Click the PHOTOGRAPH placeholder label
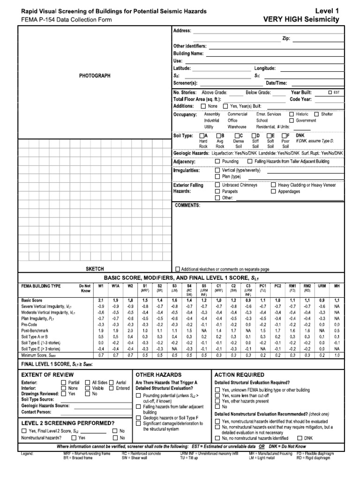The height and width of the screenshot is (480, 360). pyautogui.click(x=95, y=75)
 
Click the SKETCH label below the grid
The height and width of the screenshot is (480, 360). pyautogui.click(x=95, y=269)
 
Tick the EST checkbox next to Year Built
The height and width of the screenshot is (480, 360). pyautogui.click(x=330, y=93)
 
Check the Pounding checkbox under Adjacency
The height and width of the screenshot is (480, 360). pyautogui.click(x=217, y=161)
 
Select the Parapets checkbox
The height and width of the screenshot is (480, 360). pyautogui.click(x=217, y=191)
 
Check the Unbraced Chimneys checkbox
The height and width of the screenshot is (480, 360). pyautogui.click(x=217, y=185)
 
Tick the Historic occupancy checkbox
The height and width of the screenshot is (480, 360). pyautogui.click(x=292, y=114)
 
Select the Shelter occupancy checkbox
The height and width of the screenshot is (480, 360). pyautogui.click(x=317, y=114)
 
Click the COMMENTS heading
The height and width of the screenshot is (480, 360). pyautogui.click(x=187, y=205)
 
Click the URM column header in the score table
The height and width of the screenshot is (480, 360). pyautogui.click(x=322, y=285)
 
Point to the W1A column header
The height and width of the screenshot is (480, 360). pyautogui.click(x=115, y=285)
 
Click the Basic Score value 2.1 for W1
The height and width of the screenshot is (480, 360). pyautogui.click(x=100, y=300)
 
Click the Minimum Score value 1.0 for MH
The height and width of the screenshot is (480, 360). pyautogui.click(x=337, y=356)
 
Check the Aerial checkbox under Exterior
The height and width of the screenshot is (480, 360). pyautogui.click(x=111, y=382)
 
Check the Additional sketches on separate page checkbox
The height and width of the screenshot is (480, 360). pyautogui.click(x=177, y=269)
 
